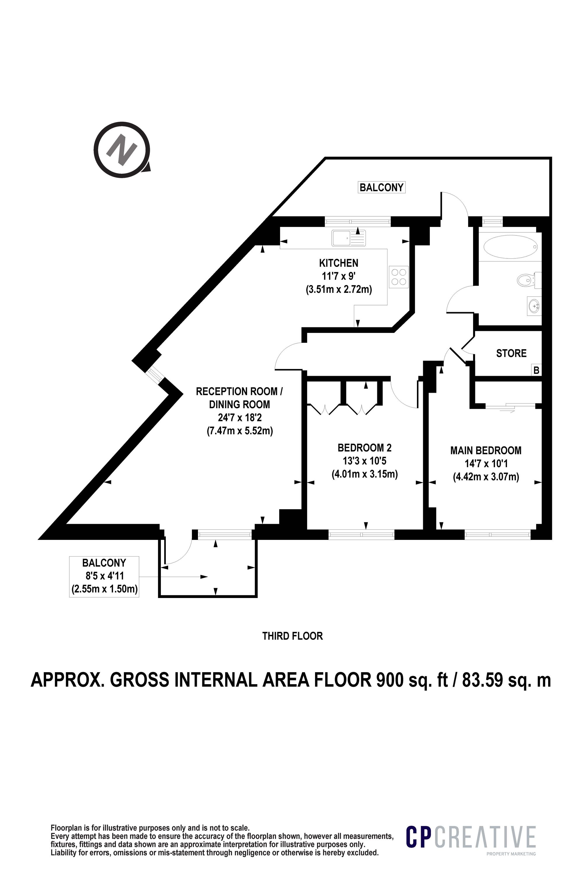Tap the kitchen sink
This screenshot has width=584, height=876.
pyautogui.click(x=349, y=238)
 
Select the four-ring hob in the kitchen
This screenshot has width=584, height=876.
pyautogui.click(x=398, y=277)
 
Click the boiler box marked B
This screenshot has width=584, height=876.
pyautogui.click(x=536, y=371)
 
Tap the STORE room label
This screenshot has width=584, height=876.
pyautogui.click(x=511, y=353)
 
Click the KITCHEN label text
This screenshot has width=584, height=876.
pyautogui.click(x=338, y=263)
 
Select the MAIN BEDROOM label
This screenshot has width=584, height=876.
pyautogui.click(x=486, y=450)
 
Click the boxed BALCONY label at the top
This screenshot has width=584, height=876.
pyautogui.click(x=381, y=187)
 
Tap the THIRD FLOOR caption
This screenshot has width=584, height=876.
pyautogui.click(x=292, y=636)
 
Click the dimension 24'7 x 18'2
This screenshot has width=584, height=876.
pyautogui.click(x=239, y=418)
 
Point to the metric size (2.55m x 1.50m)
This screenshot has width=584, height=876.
pyautogui.click(x=104, y=590)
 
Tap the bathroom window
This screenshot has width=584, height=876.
pyautogui.click(x=492, y=222)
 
